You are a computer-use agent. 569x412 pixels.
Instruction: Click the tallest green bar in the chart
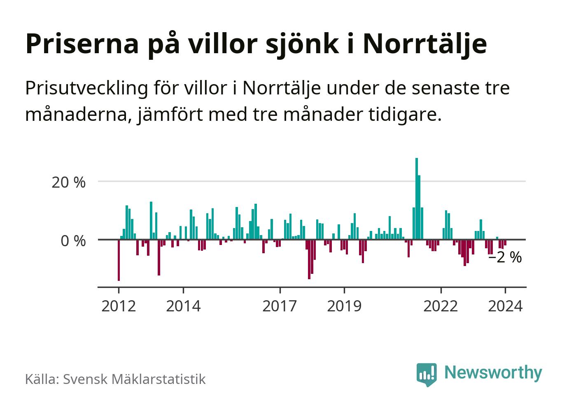tap(416, 198)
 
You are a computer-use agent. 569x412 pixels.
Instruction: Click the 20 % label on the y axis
tap(68, 182)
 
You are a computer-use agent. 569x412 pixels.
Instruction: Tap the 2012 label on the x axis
tap(119, 306)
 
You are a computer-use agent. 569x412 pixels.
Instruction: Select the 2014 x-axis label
tap(183, 306)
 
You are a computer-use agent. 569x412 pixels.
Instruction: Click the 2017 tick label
tap(280, 306)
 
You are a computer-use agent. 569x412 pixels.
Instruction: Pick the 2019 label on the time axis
tap(344, 306)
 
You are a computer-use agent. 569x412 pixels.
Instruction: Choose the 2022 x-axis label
tap(441, 306)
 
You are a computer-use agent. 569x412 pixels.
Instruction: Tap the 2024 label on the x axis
tap(505, 306)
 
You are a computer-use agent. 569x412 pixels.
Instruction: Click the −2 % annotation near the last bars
tap(505, 258)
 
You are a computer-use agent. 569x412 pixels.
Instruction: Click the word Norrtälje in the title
tap(424, 44)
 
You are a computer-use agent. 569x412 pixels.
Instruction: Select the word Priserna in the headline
tap(82, 44)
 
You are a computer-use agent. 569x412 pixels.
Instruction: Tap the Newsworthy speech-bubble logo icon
tap(426, 374)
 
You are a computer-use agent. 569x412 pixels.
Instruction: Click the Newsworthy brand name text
tap(493, 372)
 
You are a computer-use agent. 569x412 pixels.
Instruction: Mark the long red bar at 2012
tap(119, 260)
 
